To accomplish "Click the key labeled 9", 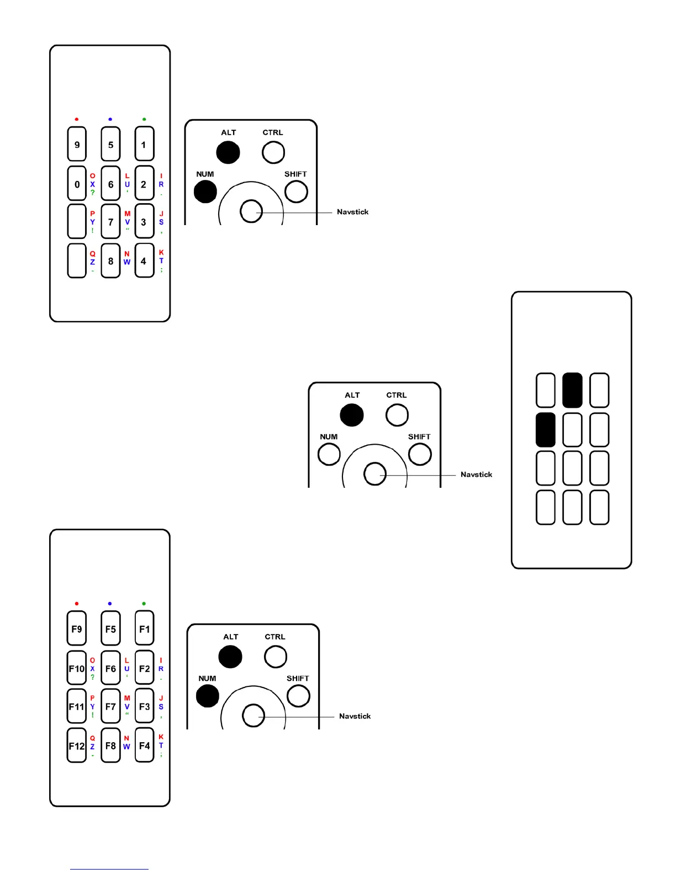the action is [x=77, y=145].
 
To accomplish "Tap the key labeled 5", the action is [x=110, y=145].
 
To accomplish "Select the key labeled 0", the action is [x=77, y=184].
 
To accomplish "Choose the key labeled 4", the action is [x=144, y=260].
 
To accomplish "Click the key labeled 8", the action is [x=110, y=260].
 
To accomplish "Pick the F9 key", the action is [x=77, y=628].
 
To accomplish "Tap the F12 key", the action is [x=77, y=745].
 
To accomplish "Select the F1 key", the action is [x=144, y=628].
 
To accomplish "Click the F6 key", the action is [x=110, y=668].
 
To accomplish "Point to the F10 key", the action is [x=77, y=668].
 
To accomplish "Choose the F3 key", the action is [x=144, y=706].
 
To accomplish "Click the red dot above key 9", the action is [x=77, y=119].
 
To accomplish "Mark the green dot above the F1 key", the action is [x=144, y=604].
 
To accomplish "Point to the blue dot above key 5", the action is [x=110, y=119].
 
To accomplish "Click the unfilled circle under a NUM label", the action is [x=329, y=455].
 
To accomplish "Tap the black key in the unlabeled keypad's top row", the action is [x=572, y=390].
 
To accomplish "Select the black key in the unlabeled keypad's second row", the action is [x=546, y=430].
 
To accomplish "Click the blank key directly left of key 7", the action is [x=77, y=221].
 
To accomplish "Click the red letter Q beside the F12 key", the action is [x=92, y=738].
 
